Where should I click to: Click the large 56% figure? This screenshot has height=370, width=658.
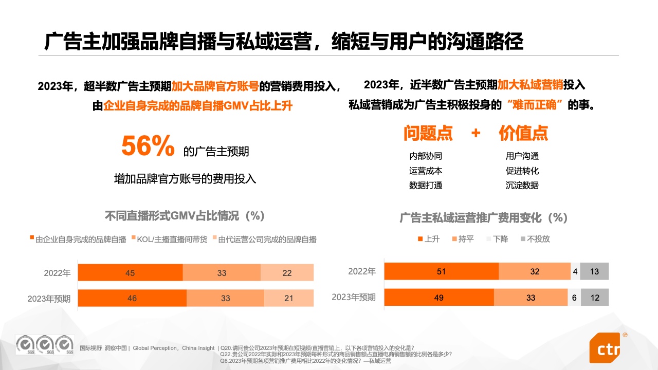148,146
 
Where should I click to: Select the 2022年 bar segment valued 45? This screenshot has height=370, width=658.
130,273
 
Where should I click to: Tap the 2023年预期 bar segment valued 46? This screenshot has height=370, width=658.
132,298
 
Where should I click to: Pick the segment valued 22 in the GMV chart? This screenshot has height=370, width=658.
287,273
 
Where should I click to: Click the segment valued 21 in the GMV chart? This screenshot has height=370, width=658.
288,298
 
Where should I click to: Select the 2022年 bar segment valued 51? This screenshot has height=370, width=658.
441,271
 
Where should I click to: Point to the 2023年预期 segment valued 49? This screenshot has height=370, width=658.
438,297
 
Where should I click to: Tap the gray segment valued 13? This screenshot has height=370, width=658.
594,271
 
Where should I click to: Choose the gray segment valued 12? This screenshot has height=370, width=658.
595,297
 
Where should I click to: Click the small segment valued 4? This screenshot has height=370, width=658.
575,271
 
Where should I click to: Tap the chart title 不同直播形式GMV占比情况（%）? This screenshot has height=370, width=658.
185,215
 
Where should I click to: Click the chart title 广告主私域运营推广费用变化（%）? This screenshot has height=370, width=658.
483,217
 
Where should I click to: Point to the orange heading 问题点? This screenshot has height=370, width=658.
428,133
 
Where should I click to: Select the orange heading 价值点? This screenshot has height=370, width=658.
523,133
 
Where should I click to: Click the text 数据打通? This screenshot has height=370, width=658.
426,185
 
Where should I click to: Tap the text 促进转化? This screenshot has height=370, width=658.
522,171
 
